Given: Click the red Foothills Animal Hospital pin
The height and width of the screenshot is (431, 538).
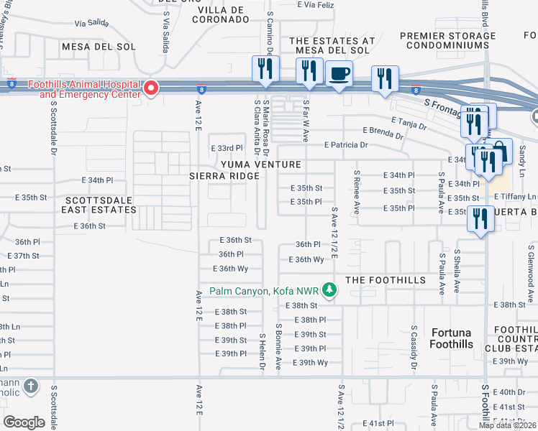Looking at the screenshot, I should click(151, 88).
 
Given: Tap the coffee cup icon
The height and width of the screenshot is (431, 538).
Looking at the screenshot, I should click(339, 73).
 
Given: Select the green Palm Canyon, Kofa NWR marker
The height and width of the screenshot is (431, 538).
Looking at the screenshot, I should click(329, 290).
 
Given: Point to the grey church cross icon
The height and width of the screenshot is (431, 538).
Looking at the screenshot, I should click(30, 386).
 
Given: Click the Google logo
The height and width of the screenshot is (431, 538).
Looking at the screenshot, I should click(24, 422).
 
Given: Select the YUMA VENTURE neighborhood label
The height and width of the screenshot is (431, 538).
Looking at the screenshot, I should click(260, 164).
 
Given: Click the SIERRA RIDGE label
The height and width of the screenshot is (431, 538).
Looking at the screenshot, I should click(223, 175).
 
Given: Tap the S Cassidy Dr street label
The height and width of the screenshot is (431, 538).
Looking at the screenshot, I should click(414, 348).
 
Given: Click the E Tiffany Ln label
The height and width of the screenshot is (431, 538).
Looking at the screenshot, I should click(514, 197).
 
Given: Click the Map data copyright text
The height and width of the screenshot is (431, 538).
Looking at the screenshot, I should click(508, 425).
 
